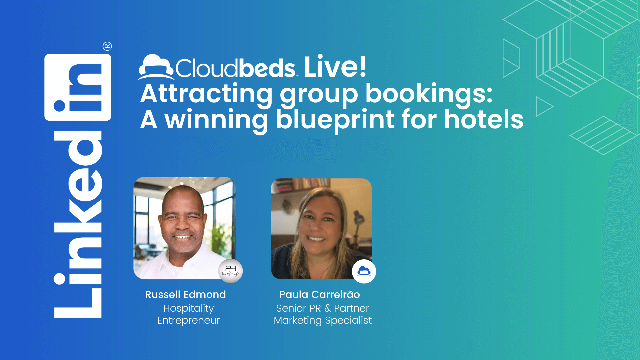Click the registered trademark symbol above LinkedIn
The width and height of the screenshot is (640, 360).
click(x=107, y=46)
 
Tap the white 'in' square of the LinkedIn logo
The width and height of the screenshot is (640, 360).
click(x=78, y=87)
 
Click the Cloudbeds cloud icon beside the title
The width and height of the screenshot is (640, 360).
click(x=156, y=67)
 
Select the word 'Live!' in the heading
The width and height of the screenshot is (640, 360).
click(x=335, y=67)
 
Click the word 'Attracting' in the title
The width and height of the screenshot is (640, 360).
click(x=206, y=94)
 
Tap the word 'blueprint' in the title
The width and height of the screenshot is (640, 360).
click(x=335, y=120)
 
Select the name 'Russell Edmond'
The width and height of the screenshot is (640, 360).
click(x=185, y=295)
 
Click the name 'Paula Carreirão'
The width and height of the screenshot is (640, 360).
click(x=320, y=295)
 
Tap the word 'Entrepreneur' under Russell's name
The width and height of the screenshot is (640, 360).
click(x=188, y=320)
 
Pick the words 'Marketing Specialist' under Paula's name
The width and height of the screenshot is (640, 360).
click(x=323, y=320)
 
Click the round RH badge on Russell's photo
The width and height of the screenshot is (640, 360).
click(x=230, y=271)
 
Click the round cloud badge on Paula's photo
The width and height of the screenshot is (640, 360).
click(x=364, y=271)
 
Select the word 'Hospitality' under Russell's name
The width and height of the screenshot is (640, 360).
click(x=188, y=308)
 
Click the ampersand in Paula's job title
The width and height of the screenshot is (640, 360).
click(x=327, y=308)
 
